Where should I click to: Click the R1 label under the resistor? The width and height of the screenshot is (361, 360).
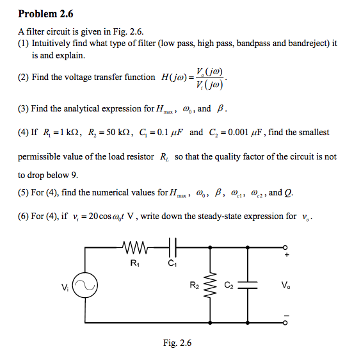[134, 261]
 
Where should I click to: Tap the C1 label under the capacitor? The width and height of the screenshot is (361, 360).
[171, 261]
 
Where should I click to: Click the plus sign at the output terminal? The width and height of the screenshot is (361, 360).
[287, 256]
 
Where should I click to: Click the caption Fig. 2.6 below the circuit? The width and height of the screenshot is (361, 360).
[177, 344]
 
